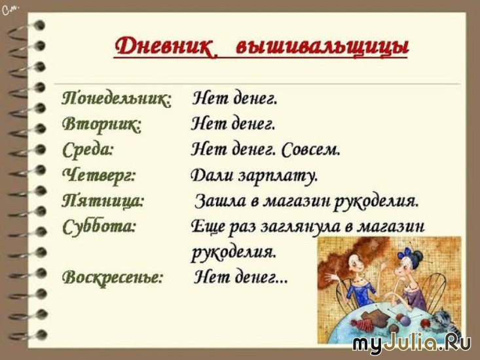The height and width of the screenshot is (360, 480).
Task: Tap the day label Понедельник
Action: tap(117, 99)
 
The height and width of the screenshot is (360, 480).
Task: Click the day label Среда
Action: tap(88, 150)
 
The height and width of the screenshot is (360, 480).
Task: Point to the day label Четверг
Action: tap(99, 176)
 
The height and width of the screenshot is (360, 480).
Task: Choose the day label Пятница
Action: tap(103, 201)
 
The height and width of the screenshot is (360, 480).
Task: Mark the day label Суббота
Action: tap(99, 226)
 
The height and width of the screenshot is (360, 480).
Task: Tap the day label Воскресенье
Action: tap(112, 278)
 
